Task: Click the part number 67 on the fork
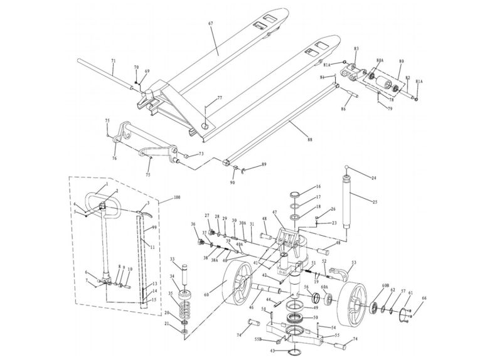211,24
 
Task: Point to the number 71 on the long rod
113,61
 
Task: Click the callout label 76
114,159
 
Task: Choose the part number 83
356,48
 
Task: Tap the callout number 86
360,109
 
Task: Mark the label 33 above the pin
172,259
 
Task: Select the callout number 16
318,187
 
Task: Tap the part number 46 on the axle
251,308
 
